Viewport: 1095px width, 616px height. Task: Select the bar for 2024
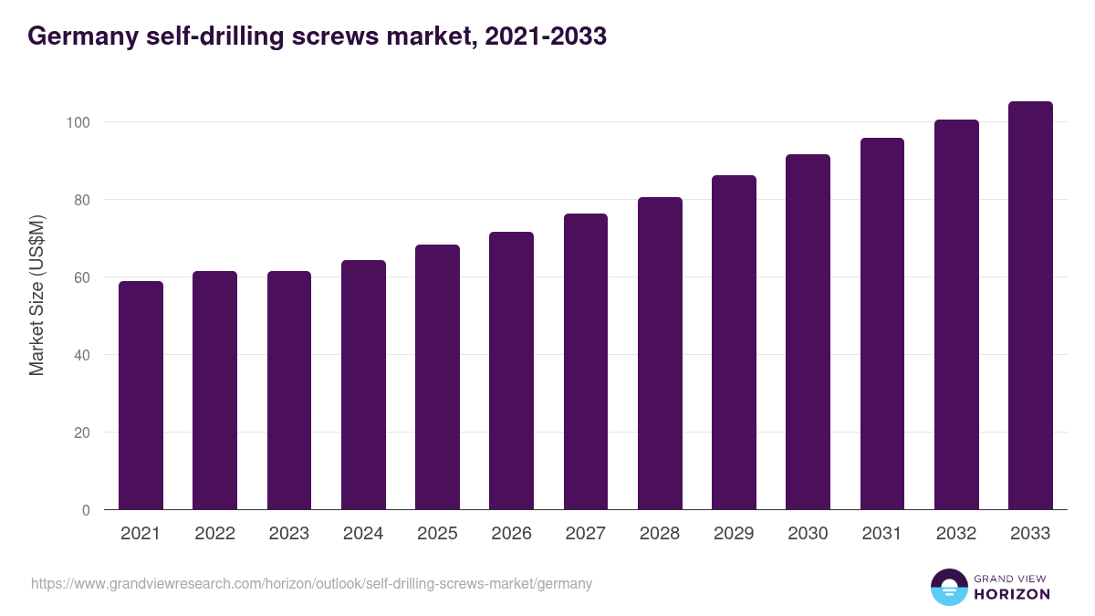click(363, 385)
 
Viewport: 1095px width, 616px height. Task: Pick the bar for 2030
click(808, 332)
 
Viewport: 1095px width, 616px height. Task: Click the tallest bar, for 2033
click(1030, 306)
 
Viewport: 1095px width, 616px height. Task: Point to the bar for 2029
click(734, 342)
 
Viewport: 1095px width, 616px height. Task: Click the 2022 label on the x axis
click(214, 534)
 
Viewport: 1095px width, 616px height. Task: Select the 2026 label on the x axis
click(511, 534)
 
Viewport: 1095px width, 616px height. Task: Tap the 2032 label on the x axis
click(956, 534)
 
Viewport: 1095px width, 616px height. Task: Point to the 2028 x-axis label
click(660, 534)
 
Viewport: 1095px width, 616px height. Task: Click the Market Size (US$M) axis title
click(36, 297)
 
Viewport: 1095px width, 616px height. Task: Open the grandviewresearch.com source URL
click(311, 584)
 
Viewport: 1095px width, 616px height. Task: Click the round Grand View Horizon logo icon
click(949, 588)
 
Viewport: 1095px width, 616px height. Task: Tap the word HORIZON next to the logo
click(1012, 594)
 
